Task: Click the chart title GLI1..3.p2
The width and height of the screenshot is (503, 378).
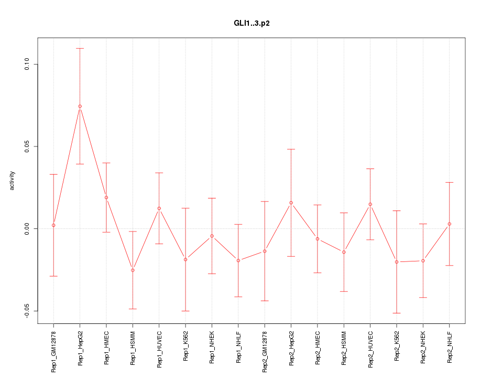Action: (251, 24)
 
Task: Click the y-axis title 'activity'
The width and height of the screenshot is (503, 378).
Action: (13, 181)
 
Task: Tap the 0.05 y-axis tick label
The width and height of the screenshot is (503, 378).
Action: (28, 146)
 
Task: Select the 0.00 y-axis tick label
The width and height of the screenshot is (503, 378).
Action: (28, 228)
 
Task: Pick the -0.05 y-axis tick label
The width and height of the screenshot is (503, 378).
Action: (28, 310)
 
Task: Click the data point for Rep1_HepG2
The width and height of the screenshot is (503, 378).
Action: (80, 106)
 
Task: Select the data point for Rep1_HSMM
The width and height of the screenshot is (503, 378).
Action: (133, 270)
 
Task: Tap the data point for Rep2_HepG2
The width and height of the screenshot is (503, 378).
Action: (291, 203)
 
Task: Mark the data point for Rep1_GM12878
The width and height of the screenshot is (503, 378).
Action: (53, 225)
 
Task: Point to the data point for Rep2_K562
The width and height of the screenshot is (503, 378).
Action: (397, 261)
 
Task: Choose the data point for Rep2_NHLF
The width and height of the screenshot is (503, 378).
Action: (450, 224)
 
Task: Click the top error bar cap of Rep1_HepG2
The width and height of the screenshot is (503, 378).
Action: (80, 48)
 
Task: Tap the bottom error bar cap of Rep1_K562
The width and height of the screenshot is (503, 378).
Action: (185, 311)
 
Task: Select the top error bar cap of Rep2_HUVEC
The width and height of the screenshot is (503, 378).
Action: (370, 169)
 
